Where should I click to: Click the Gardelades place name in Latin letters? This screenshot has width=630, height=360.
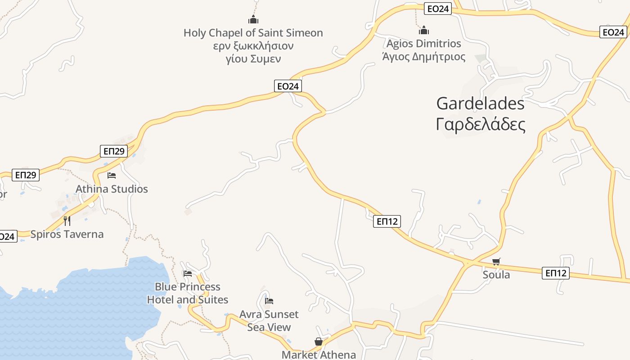480,104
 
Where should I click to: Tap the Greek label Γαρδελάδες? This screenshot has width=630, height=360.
480,125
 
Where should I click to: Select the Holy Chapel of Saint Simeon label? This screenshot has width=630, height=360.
253,33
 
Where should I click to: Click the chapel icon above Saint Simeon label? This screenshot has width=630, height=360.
253,19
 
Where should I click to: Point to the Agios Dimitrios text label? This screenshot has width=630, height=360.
423,44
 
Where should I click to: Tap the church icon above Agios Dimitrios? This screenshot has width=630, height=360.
423,30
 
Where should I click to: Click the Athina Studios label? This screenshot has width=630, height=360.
112,189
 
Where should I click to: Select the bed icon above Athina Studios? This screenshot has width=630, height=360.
112,175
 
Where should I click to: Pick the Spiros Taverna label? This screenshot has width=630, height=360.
67,234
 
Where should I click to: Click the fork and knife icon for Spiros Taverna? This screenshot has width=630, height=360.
67,220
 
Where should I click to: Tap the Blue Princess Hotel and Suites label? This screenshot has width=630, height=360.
188,293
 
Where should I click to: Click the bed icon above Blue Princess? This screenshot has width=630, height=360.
188,273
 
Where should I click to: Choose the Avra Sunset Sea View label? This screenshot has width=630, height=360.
269,320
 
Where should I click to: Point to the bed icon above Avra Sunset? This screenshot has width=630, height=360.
269,301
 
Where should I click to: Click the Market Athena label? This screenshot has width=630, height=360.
319,355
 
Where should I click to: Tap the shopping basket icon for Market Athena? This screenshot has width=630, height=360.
319,342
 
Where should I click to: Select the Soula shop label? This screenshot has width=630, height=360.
496,274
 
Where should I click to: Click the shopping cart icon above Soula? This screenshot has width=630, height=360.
496,261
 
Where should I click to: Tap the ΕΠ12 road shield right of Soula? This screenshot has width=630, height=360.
555,273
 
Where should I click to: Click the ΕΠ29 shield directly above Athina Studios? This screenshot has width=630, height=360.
113,151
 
